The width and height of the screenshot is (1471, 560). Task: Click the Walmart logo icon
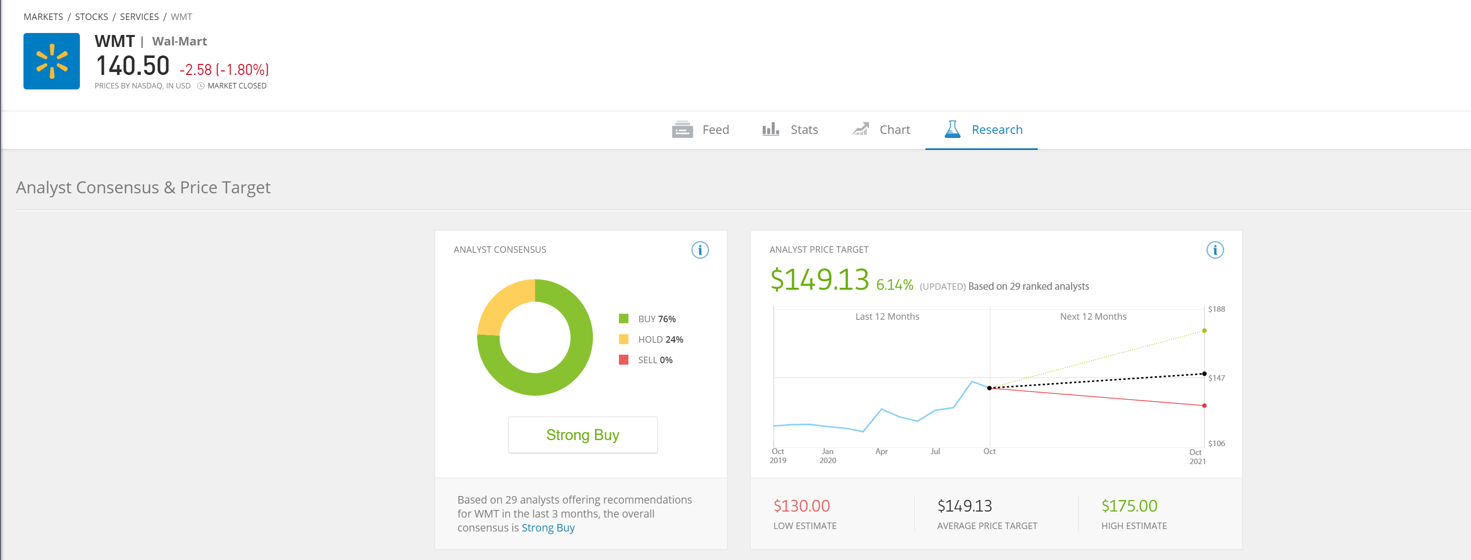click(51, 61)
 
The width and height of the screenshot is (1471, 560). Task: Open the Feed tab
click(700, 130)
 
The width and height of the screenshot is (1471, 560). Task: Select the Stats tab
click(790, 130)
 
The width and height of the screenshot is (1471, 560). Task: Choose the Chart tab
click(881, 130)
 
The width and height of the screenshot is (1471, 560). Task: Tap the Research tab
click(983, 130)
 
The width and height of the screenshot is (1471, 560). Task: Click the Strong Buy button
click(583, 435)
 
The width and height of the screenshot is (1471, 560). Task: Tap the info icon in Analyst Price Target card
click(1214, 250)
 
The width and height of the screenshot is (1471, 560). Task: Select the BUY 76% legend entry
click(647, 319)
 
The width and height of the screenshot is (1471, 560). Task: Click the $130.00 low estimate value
click(801, 506)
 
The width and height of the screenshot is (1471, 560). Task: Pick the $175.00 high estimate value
click(1129, 506)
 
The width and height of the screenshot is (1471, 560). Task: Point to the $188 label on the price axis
click(1216, 309)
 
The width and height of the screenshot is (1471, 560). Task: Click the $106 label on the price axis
click(1216, 444)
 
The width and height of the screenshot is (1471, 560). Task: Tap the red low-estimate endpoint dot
click(1204, 406)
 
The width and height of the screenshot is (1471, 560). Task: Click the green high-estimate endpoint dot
click(1204, 331)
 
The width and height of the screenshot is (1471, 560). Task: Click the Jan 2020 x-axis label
click(828, 456)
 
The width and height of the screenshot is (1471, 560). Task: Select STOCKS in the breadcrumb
click(91, 16)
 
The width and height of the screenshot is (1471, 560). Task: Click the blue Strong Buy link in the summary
click(548, 528)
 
